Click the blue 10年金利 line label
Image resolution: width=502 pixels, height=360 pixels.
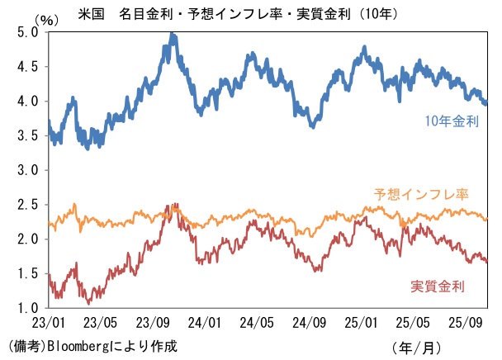pos(452,121)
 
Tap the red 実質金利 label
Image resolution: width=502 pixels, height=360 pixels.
pos(438,287)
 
